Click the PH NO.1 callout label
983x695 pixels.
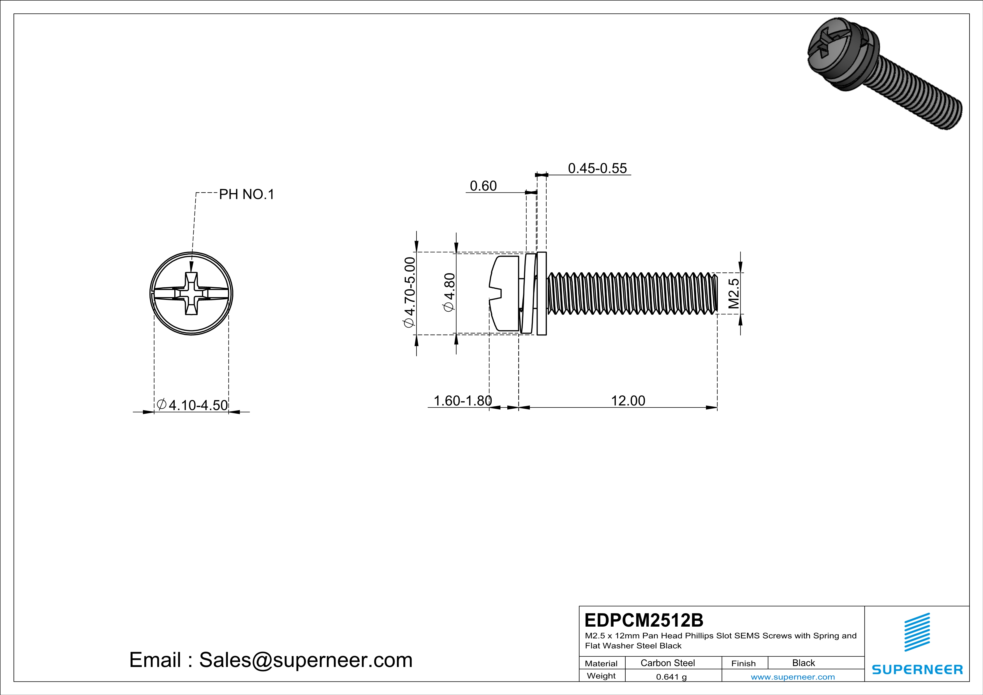click(x=246, y=195)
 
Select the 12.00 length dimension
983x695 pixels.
click(x=628, y=401)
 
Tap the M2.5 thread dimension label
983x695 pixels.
click(x=734, y=294)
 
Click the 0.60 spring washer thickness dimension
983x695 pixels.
click(x=483, y=186)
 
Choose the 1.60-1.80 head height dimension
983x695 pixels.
click(x=462, y=401)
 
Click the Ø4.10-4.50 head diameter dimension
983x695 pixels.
click(x=192, y=405)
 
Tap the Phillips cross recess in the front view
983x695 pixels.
click(x=191, y=294)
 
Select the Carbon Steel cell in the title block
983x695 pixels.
click(x=667, y=663)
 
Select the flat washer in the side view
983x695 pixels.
click(x=541, y=294)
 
